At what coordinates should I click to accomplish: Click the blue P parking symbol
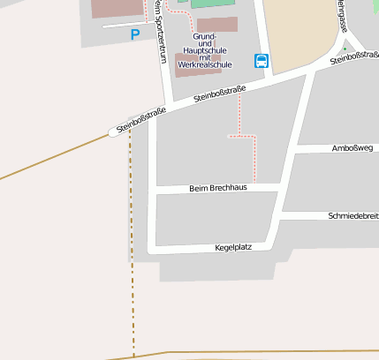134,34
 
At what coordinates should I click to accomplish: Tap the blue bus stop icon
262,61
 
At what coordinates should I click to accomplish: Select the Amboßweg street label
352,148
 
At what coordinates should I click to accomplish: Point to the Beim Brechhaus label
218,188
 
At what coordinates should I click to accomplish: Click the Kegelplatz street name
233,247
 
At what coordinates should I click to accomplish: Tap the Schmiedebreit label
352,215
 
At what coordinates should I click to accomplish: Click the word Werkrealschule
204,64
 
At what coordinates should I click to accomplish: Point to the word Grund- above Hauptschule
204,36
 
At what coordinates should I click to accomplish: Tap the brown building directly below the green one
216,24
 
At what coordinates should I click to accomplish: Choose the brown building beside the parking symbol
116,8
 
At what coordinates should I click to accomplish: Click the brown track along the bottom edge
265,352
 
